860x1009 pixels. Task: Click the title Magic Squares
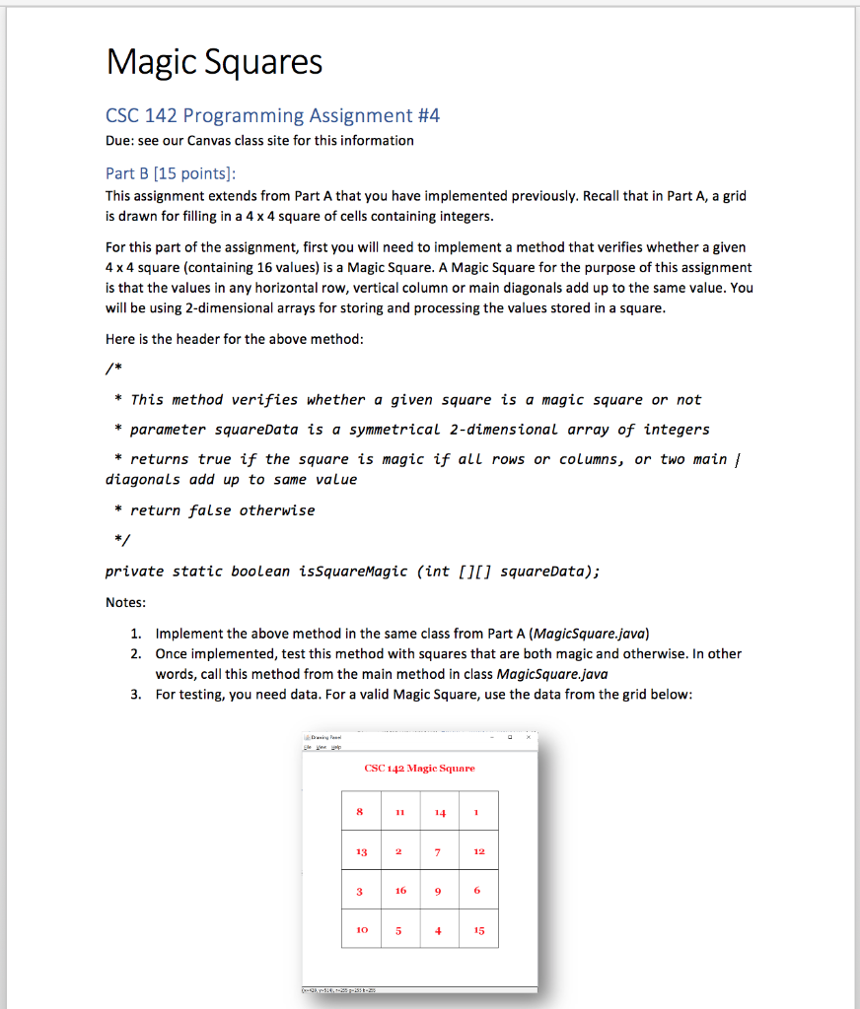pos(214,62)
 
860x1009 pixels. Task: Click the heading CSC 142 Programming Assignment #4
pos(272,116)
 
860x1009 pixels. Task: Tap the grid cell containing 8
pos(360,812)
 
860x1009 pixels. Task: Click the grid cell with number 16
pos(399,890)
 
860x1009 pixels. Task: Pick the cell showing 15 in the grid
pos(478,929)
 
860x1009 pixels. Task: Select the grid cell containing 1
pos(476,812)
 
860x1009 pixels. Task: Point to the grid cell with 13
pos(361,851)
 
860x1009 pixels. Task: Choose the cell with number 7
pos(439,851)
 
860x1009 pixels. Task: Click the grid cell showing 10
pos(361,929)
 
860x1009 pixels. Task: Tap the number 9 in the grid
pos(439,890)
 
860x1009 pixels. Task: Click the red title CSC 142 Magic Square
pos(419,768)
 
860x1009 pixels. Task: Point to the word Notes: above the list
pos(125,602)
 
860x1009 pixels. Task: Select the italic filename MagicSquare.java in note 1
pos(588,633)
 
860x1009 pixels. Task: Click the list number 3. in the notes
pos(135,695)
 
